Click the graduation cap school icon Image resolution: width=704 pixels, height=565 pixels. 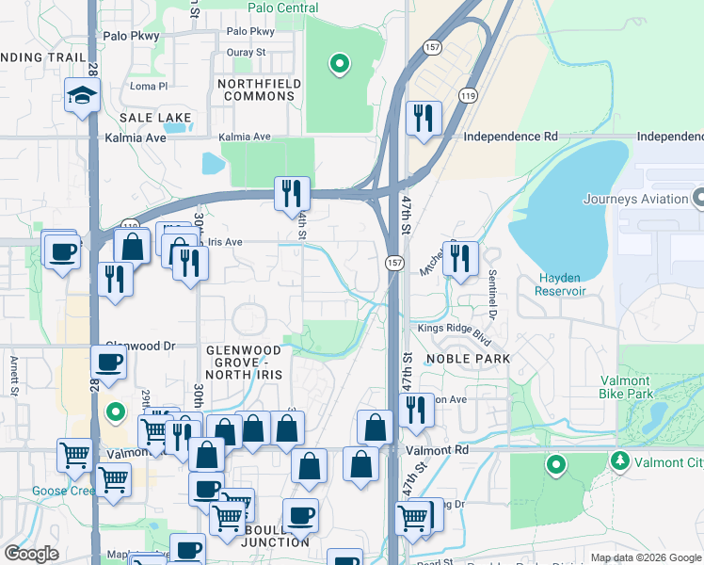click(82, 95)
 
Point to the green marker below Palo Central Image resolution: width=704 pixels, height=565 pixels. click(339, 64)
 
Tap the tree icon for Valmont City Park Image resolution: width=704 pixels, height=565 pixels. click(619, 461)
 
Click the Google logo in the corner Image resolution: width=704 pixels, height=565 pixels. click(31, 553)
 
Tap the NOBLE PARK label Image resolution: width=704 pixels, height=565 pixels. click(468, 359)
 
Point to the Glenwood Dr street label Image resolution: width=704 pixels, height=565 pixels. click(141, 346)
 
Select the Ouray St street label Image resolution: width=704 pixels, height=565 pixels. click(247, 53)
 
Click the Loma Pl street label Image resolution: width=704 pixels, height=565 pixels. click(148, 86)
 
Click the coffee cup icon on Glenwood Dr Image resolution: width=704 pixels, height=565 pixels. click(109, 362)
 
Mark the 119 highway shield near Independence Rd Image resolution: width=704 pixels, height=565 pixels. click(468, 95)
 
